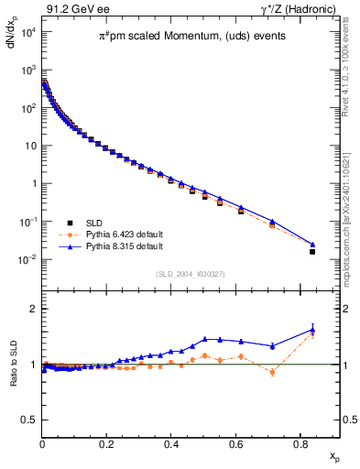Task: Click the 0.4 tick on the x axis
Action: click(x=171, y=443)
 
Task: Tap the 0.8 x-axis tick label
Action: click(x=300, y=443)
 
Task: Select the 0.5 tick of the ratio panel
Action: click(x=30, y=420)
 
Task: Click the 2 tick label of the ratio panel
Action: click(x=34, y=309)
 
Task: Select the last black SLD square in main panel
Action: click(x=312, y=251)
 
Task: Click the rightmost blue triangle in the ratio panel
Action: click(x=312, y=330)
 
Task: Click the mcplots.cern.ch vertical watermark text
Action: click(x=352, y=202)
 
